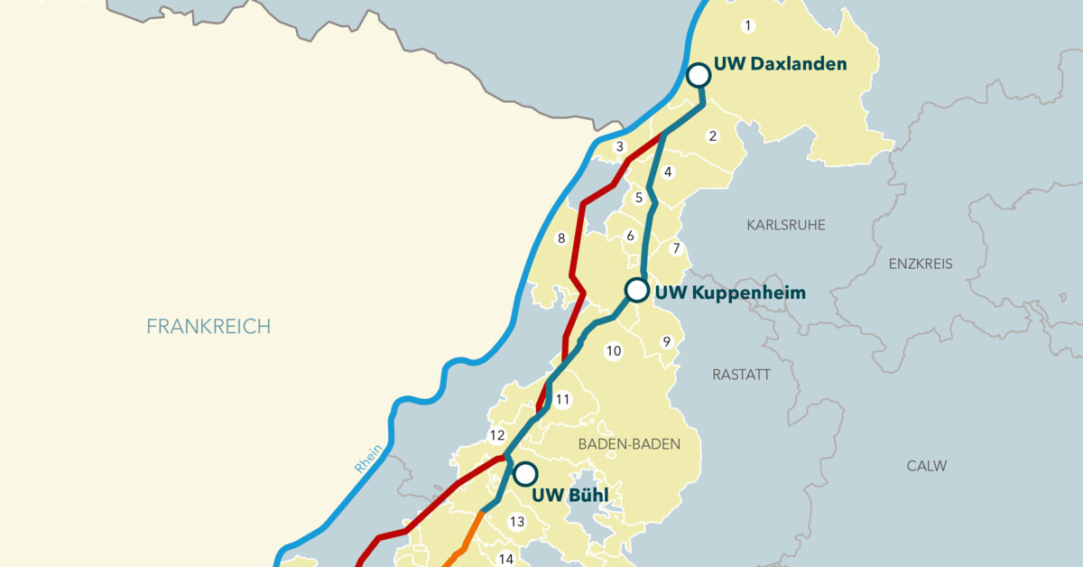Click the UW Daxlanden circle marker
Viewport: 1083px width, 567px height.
click(x=699, y=75)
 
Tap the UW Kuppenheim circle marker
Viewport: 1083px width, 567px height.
click(x=637, y=290)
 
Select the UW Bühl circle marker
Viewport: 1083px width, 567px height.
click(x=525, y=473)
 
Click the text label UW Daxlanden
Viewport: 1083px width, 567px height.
click(x=780, y=64)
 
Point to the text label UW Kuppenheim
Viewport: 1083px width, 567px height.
click(x=730, y=293)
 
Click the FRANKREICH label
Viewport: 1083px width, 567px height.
click(x=208, y=326)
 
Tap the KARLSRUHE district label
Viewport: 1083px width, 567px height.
click(x=785, y=225)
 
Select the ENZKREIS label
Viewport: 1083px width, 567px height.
click(x=921, y=264)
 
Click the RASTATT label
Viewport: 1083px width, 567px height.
click(x=741, y=374)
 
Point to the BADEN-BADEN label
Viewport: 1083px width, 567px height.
click(x=628, y=444)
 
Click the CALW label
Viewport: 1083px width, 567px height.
click(x=927, y=466)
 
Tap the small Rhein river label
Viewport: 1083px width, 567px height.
click(x=368, y=459)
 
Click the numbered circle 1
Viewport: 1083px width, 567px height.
click(x=747, y=24)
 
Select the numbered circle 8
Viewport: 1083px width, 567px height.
click(x=560, y=238)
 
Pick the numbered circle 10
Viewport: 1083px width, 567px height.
click(x=614, y=351)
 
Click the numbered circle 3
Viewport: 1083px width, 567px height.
click(x=619, y=146)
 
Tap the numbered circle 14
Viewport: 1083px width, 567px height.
click(x=506, y=559)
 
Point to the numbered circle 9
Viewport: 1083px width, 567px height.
click(x=667, y=341)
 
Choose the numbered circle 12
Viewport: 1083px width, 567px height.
click(x=497, y=435)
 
